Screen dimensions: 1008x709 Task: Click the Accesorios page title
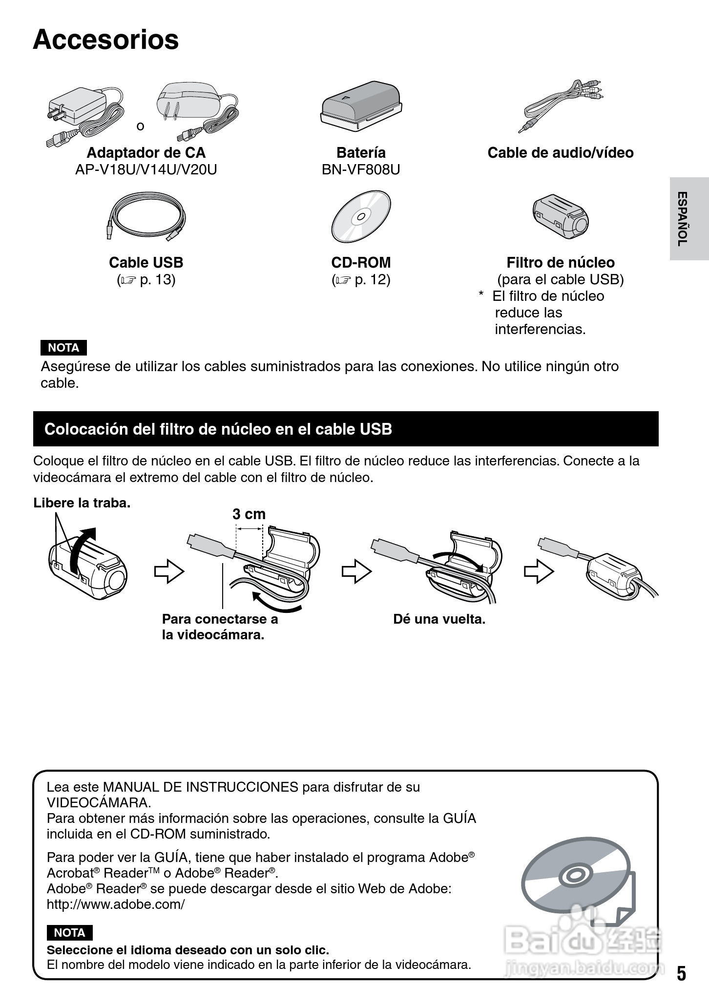pos(106,40)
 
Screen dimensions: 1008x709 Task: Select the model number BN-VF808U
pos(361,169)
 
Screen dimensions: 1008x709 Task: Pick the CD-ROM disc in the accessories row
pos(361,216)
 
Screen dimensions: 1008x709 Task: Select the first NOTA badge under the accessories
pos(63,348)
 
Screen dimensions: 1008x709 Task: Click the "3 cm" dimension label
pos(249,514)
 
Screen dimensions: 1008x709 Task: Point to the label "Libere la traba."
pos(82,503)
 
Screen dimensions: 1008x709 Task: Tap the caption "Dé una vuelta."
pos(439,619)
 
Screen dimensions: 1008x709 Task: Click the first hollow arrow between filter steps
pos(169,571)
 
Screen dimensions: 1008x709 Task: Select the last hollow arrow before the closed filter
pos(539,571)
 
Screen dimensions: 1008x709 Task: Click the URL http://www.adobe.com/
pos(116,904)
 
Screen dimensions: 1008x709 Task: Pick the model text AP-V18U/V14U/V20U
pos(146,169)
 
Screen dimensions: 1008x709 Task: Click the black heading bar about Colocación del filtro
pos(346,429)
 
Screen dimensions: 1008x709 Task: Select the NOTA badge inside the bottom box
pos(69,932)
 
